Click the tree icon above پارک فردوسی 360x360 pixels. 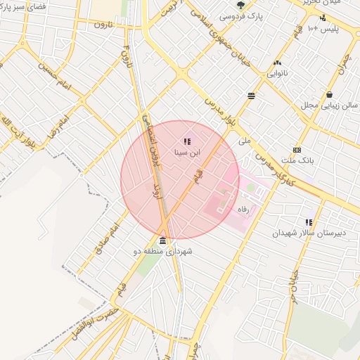[241, 5]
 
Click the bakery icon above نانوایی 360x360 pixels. [277, 63]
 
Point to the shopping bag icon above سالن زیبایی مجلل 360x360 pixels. [329, 95]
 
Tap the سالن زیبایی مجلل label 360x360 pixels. [330, 105]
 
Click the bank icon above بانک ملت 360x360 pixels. [297, 150]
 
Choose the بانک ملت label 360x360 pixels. [297, 160]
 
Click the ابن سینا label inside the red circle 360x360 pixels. [188, 151]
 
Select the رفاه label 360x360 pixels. [244, 210]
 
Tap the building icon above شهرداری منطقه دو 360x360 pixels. [163, 241]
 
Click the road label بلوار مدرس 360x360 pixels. [219, 112]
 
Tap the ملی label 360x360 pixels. [244, 141]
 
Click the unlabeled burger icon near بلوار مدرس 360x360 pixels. [251, 96]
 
